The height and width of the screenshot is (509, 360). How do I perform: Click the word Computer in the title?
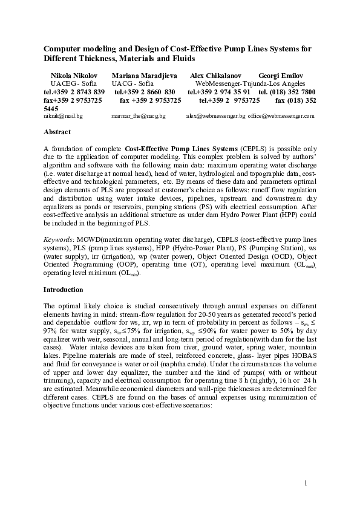(63, 48)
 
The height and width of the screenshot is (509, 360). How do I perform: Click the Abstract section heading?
(57, 132)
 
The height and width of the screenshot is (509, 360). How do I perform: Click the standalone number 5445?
(52, 108)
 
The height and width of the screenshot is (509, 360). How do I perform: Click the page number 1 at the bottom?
(307, 482)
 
